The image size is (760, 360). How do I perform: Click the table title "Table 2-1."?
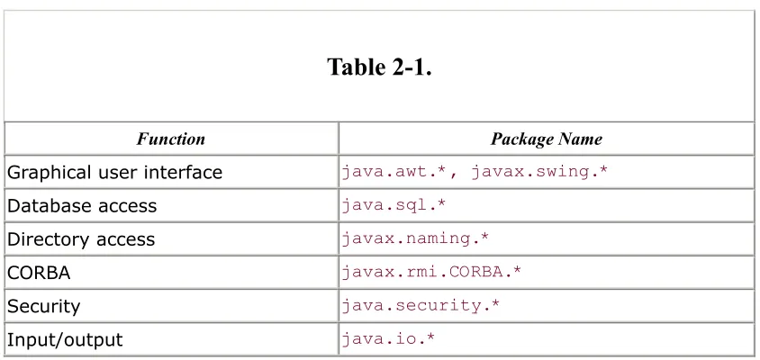(379, 67)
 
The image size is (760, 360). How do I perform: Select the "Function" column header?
(170, 139)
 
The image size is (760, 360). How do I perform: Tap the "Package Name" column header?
(547, 139)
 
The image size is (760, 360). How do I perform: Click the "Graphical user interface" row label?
(115, 173)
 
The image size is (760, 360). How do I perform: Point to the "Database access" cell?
(82, 206)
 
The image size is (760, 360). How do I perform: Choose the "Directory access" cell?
(81, 239)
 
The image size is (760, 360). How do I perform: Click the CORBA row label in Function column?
(39, 273)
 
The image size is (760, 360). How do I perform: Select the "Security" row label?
(43, 307)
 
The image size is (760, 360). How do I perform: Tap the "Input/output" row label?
(65, 339)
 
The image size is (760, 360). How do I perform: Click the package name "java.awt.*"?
(394, 172)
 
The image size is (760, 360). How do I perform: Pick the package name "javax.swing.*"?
(538, 172)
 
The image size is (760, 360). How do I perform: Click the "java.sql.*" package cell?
(394, 205)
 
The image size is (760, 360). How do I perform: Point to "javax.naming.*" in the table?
(415, 238)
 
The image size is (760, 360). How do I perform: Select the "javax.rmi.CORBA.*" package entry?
(431, 272)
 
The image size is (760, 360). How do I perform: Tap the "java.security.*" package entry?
(421, 306)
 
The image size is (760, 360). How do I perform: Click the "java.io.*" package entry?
(388, 338)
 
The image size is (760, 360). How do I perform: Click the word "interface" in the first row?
(183, 172)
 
